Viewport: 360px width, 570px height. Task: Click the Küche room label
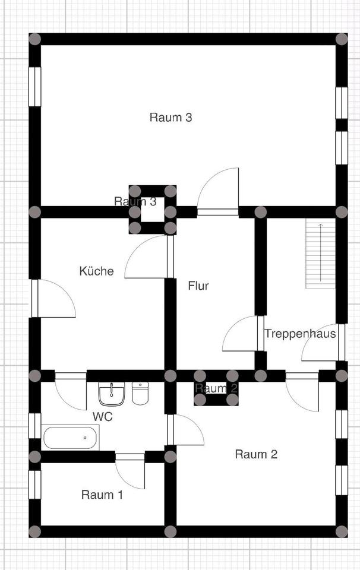click(x=96, y=271)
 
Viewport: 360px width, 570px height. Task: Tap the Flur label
click(x=198, y=286)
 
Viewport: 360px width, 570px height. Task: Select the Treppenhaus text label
click(x=300, y=334)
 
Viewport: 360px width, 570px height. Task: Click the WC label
click(x=102, y=416)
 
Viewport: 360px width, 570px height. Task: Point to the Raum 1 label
click(x=102, y=494)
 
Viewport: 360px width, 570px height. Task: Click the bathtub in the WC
click(x=71, y=438)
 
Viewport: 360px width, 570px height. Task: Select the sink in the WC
click(x=111, y=394)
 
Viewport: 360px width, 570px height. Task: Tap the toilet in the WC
click(x=140, y=393)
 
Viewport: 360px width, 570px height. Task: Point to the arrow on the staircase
click(x=320, y=243)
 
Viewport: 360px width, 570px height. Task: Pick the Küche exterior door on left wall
click(x=54, y=298)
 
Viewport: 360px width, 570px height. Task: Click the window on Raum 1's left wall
click(x=35, y=484)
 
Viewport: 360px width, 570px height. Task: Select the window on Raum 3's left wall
click(x=35, y=87)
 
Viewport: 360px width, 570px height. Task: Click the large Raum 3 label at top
click(x=170, y=117)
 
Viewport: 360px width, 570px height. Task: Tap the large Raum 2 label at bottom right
click(x=256, y=455)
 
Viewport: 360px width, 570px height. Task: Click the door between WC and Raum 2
click(x=185, y=430)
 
